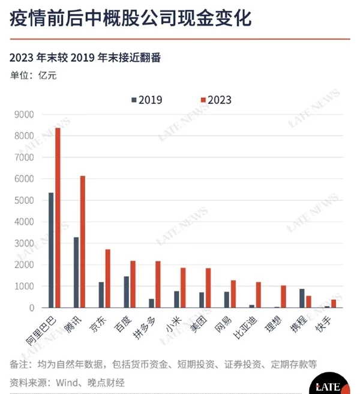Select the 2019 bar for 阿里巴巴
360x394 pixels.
point(51,250)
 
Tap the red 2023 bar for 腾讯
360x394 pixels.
point(83,242)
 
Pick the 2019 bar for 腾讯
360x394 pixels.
point(76,272)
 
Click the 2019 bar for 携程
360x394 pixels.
point(302,298)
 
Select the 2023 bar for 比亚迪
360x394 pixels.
point(259,294)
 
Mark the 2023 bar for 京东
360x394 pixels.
point(108,278)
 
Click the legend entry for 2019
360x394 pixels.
point(146,100)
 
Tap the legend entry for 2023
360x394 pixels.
point(215,100)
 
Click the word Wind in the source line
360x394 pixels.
point(71,381)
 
